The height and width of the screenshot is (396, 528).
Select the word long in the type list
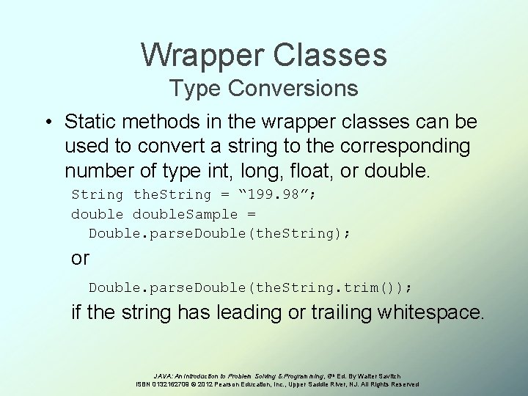(x=262, y=171)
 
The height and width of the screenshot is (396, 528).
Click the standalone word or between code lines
(x=80, y=258)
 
